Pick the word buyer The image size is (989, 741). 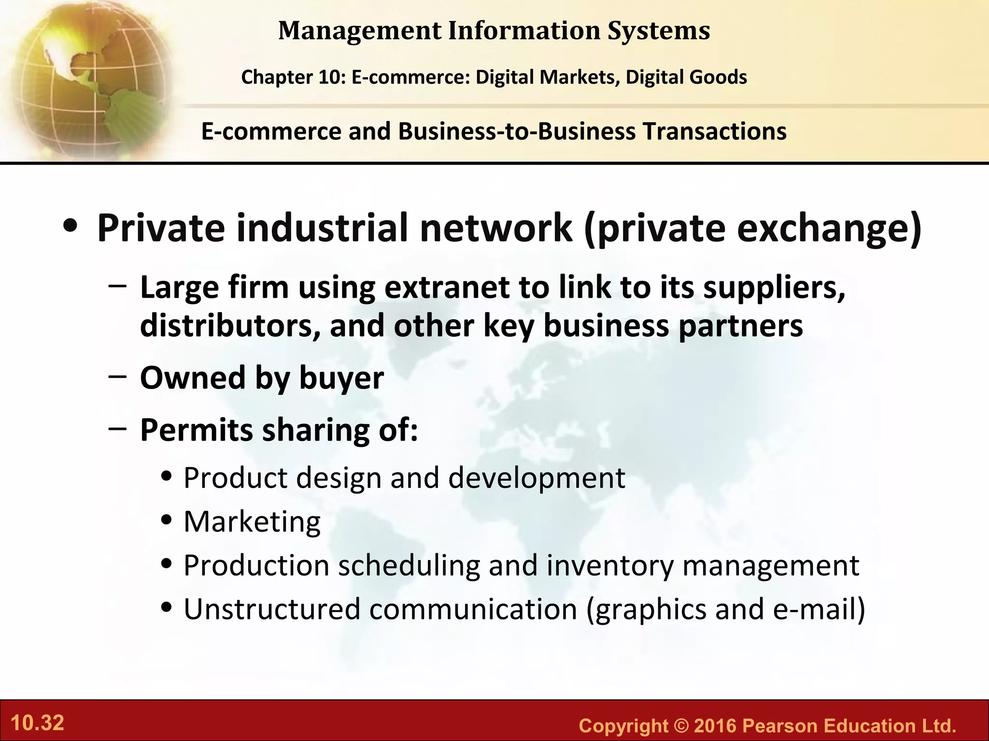click(341, 378)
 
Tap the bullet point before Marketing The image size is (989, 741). click(167, 521)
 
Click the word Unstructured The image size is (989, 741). click(272, 609)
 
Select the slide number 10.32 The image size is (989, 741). click(37, 723)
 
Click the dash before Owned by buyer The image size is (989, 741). click(118, 377)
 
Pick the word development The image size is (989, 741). click(537, 478)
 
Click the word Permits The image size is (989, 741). click(196, 430)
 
